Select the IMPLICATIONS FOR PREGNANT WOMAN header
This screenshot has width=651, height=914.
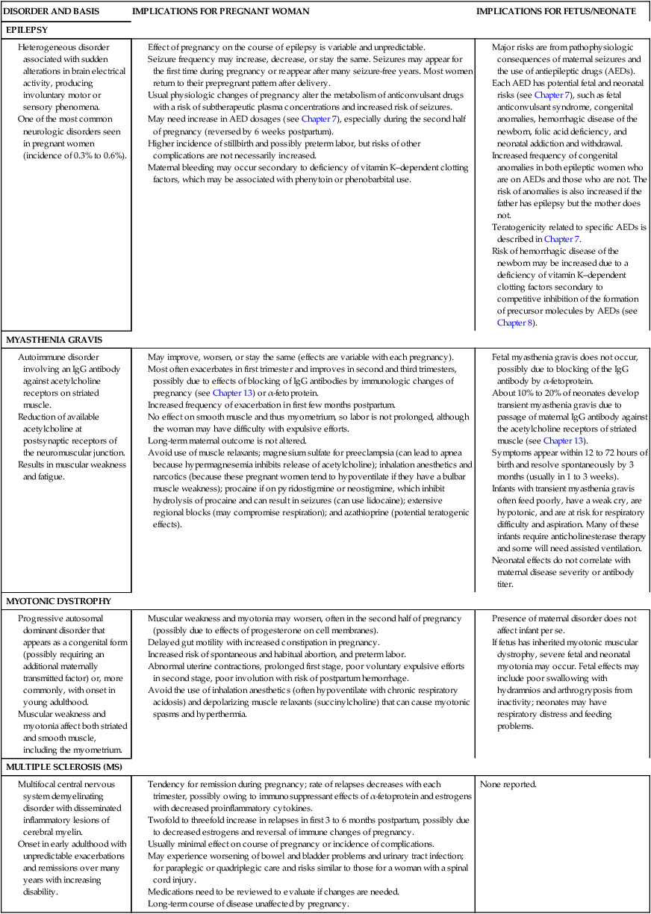tap(220, 12)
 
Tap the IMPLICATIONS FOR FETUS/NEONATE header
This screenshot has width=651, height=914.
tap(556, 12)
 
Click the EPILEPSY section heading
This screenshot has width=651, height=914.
tap(27, 30)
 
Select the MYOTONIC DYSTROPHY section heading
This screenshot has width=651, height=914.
tap(58, 600)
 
